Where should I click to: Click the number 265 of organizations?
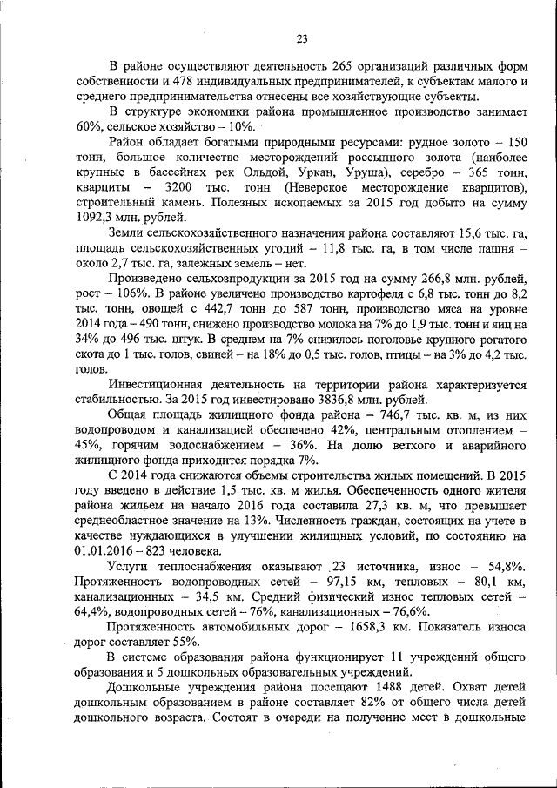tap(341, 66)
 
